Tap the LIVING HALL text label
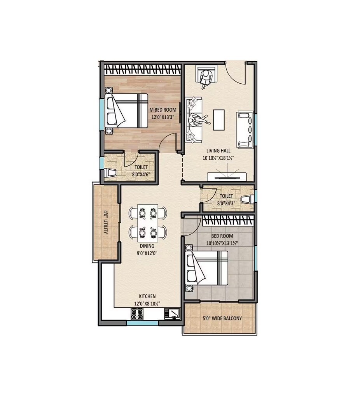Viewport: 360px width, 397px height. tap(219, 151)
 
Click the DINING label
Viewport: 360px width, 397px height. tap(147, 246)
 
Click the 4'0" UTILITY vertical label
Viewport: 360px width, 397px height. tap(105, 222)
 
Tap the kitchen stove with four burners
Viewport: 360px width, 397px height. tap(137, 314)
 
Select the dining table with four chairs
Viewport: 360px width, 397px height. tap(148, 221)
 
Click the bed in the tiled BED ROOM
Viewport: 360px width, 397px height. tap(206, 268)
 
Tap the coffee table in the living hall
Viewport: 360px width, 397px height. tap(219, 120)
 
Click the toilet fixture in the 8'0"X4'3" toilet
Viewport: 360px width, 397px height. tap(246, 200)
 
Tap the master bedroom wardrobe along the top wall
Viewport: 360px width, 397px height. tap(143, 70)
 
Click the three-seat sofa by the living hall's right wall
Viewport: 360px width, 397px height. tap(245, 130)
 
